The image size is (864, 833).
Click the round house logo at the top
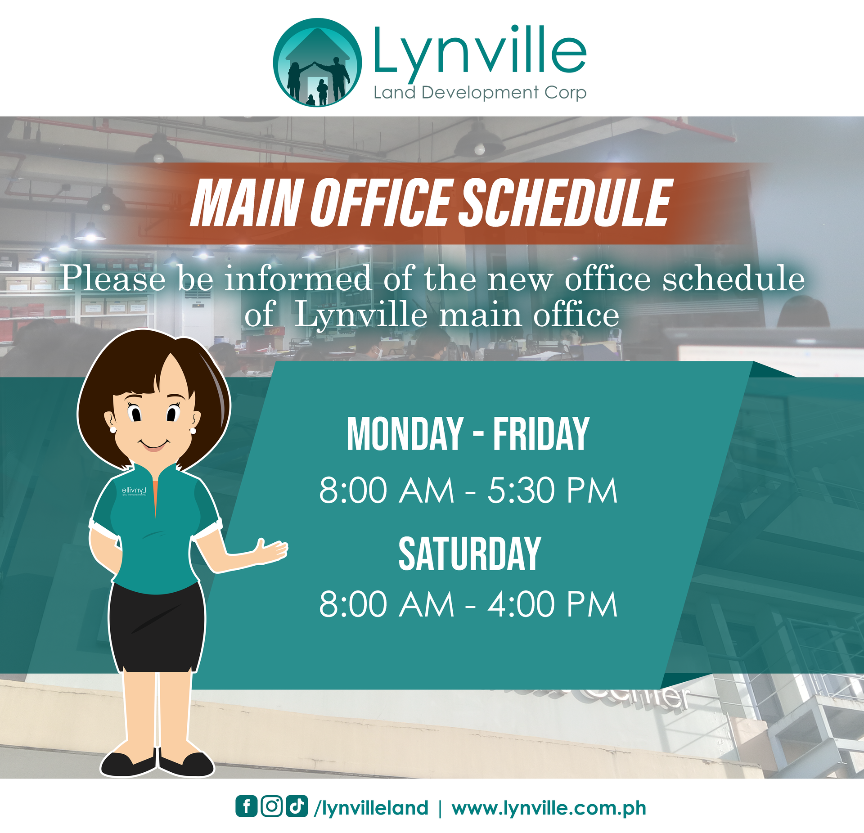tap(318, 63)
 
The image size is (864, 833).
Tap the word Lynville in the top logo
tap(480, 51)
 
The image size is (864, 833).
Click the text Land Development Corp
tap(480, 93)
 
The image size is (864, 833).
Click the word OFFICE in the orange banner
tap(381, 203)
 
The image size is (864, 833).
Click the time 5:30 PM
tap(553, 491)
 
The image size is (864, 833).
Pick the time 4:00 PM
tap(553, 604)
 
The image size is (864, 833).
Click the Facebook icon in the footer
tap(247, 806)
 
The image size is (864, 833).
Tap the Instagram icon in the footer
tap(272, 806)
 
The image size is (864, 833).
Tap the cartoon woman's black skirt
tap(157, 627)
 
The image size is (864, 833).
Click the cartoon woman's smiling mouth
tap(154, 445)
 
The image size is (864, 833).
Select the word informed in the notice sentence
tap(298, 279)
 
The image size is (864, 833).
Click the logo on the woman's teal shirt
tap(134, 491)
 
